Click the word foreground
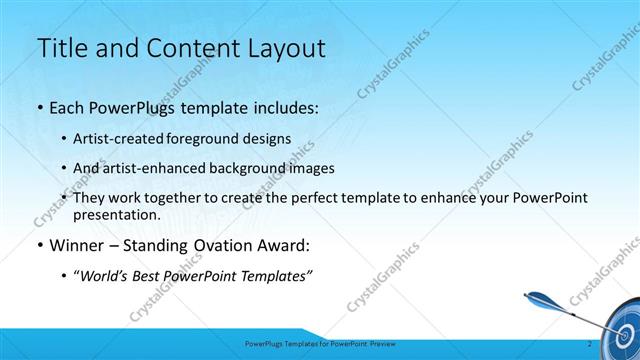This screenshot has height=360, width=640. click(213, 138)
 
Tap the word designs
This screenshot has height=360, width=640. click(269, 138)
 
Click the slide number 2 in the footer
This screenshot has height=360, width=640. click(590, 345)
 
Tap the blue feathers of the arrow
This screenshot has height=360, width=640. click(537, 297)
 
